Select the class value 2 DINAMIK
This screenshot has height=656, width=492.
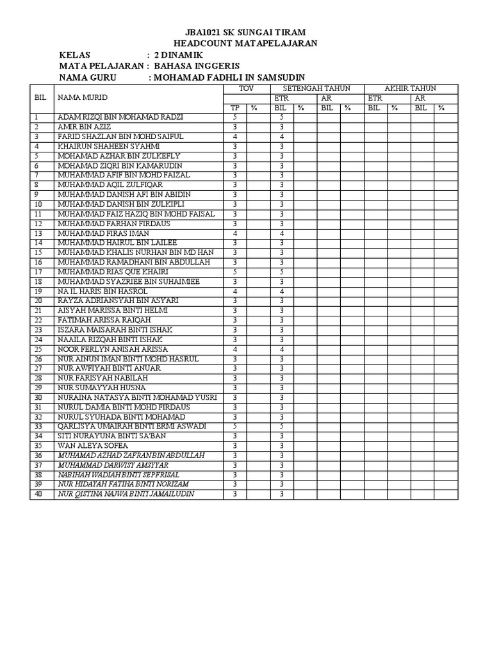174,55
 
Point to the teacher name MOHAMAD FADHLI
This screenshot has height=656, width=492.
188,78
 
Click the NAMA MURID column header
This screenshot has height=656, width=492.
83,97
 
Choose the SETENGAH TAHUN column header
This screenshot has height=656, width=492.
317,88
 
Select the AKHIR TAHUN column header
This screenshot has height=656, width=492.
410,88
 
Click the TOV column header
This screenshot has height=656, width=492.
246,88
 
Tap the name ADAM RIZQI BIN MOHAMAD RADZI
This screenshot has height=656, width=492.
120,118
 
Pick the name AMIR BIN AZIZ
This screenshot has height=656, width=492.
84,127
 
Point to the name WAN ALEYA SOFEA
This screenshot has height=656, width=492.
93,445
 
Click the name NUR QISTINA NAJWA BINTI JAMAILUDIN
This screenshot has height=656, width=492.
126,494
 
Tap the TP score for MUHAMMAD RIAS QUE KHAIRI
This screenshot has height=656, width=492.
235,272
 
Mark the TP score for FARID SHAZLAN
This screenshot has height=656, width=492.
235,137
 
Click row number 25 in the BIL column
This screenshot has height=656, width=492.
38,349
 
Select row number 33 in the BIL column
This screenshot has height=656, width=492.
38,426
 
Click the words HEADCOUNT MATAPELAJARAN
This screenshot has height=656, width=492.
245,44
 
